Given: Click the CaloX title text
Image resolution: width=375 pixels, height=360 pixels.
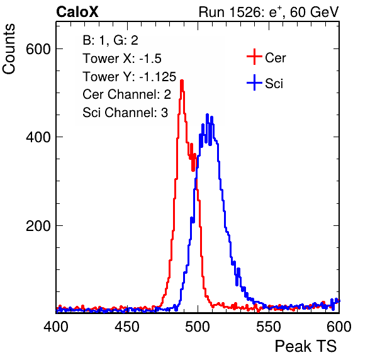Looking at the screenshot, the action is pos(77,12).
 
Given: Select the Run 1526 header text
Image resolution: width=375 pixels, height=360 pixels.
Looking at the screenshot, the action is pos(269,12).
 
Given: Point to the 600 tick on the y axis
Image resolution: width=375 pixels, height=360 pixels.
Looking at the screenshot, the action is pos(38,49).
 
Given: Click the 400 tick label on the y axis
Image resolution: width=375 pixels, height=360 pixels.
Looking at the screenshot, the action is pos(38,137).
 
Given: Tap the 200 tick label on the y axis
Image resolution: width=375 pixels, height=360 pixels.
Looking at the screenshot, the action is pos(38,226).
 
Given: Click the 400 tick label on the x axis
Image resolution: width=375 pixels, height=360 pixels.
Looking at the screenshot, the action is pos(56,327).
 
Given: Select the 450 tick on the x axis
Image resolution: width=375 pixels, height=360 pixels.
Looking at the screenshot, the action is pos(126,327).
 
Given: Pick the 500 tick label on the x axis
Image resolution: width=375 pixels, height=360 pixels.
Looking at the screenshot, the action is pos(198,327).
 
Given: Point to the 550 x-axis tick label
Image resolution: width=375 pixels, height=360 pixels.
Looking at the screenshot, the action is pos(268,327).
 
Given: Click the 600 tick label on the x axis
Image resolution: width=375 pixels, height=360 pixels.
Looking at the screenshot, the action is pos(339,327).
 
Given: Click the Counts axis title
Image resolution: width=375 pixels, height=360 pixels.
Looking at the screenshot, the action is pos(9,49).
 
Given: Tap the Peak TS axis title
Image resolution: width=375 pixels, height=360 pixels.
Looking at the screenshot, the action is pos(306,346).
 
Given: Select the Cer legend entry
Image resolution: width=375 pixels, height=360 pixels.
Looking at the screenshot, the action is pos(266,57).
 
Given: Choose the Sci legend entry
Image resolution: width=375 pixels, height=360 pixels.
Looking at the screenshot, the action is pos(265,83).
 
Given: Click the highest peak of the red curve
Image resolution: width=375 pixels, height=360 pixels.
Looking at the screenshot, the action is pos(182,81).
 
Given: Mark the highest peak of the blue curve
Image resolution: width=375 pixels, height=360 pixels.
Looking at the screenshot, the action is pos(207,115).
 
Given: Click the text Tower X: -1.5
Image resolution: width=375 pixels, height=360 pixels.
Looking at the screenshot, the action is pos(122,59).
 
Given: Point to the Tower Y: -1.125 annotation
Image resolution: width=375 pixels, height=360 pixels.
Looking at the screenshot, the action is pos(130,77).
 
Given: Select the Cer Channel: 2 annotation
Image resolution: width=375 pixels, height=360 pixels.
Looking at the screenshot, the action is pos(126,94).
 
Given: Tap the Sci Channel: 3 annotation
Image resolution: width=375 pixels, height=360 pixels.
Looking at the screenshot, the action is pos(125,113).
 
